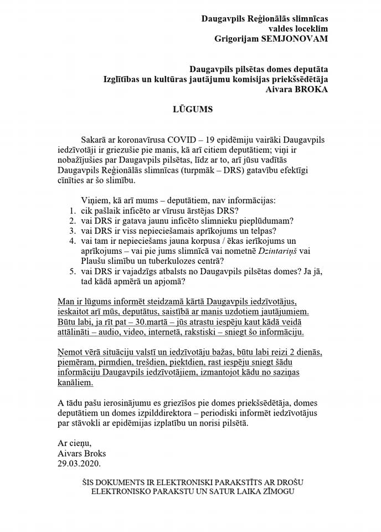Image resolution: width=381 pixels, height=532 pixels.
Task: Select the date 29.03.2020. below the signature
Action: click(x=80, y=463)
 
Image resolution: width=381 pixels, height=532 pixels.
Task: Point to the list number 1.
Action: click(x=72, y=211)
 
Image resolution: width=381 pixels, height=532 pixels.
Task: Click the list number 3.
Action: click(x=72, y=231)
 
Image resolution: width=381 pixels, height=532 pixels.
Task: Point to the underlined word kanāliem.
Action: click(x=76, y=382)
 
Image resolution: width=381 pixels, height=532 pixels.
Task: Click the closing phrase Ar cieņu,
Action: click(x=75, y=443)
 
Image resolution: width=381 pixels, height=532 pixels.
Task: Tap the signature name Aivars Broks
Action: click(x=81, y=453)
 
